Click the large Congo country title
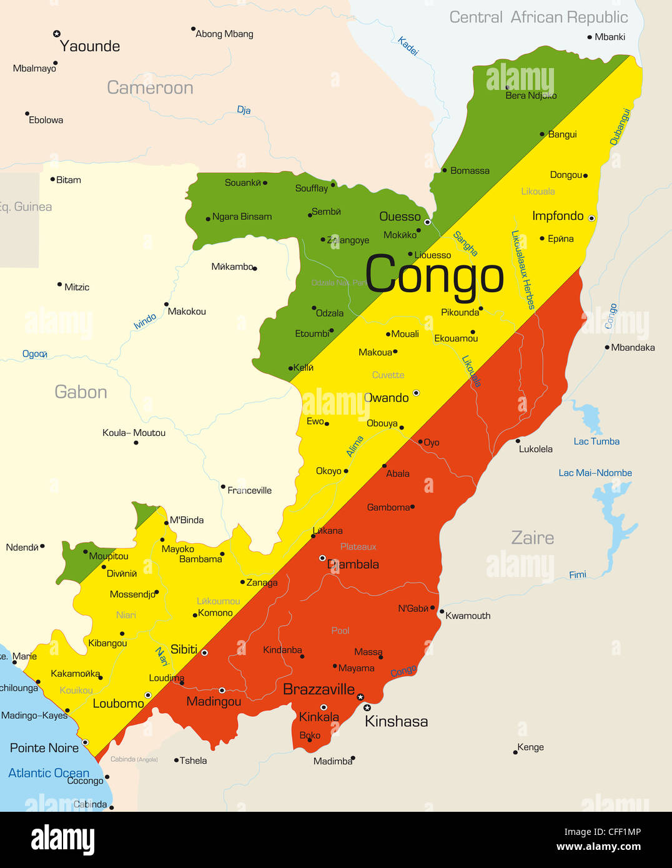[434, 274]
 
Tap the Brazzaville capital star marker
[360, 697]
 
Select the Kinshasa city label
[396, 722]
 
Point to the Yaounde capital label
[89, 46]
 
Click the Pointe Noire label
[44, 748]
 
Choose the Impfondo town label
[557, 216]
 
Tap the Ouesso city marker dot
[428, 222]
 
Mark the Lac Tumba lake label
[596, 441]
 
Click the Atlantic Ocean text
[49, 773]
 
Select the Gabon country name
[81, 392]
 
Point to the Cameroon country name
[150, 88]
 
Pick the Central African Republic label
[538, 17]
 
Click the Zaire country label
[532, 538]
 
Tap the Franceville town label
[250, 491]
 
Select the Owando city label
[386, 398]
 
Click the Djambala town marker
[322, 558]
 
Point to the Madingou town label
[214, 702]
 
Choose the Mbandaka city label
[633, 348]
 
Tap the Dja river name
[244, 111]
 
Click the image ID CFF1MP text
[602, 832]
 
